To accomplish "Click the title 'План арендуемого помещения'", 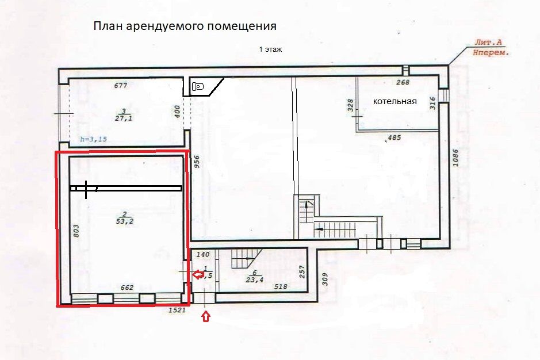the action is (x=185, y=26).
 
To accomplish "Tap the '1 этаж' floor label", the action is (x=270, y=50).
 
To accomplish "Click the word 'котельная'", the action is (x=395, y=101).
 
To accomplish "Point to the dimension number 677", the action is (x=120, y=86).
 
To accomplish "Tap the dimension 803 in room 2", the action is (x=76, y=231).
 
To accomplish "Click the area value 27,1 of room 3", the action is (x=124, y=119).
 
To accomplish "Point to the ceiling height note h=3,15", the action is (x=93, y=139).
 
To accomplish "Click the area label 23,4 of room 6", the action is (x=254, y=280).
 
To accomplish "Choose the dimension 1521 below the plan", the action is (x=177, y=311).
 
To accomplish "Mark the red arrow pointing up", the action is (x=206, y=316).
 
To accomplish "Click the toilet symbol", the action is (x=199, y=87).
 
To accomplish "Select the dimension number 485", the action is (x=395, y=138).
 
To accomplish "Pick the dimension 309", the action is (x=324, y=279).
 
